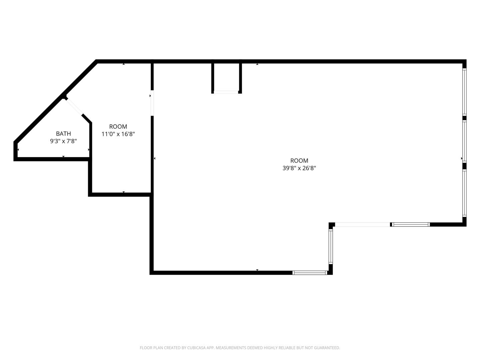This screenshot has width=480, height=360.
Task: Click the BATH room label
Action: tap(63, 134)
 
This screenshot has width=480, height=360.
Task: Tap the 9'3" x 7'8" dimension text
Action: tap(63, 141)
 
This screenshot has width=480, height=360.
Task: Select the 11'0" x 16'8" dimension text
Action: tap(118, 134)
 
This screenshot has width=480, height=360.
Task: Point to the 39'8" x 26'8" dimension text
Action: tap(299, 168)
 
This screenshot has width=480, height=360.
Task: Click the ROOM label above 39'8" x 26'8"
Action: tap(299, 161)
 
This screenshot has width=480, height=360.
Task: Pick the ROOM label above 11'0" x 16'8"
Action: tap(118, 127)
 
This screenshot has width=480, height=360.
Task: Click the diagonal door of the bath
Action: tap(74, 107)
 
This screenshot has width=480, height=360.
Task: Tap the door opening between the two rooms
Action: tap(152, 103)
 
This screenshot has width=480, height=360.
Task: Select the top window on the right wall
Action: tap(464, 92)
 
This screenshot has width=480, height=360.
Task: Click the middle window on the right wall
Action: tap(464, 141)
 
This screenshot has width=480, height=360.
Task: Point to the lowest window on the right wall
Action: tap(464, 193)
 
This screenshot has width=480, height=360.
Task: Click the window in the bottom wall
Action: tap(310, 273)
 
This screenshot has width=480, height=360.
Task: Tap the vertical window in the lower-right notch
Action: tap(331, 246)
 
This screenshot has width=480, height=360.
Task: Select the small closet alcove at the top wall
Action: tap(226, 78)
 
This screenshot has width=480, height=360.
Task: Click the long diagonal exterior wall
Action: tap(56, 101)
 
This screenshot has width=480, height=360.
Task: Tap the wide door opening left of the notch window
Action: tap(362, 224)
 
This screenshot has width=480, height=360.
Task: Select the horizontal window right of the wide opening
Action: tap(410, 224)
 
